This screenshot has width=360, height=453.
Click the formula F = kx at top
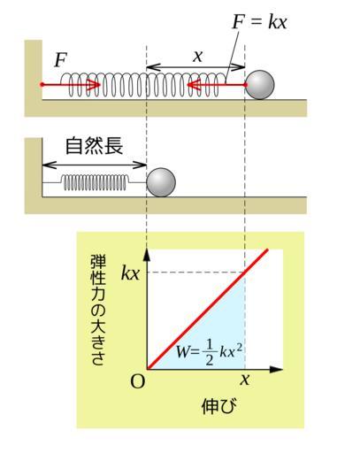pyautogui.click(x=259, y=22)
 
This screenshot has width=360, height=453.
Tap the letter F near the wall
pyautogui.click(x=61, y=60)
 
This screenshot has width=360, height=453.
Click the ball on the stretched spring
pyautogui.click(x=260, y=85)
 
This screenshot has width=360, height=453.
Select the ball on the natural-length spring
pyautogui.click(x=161, y=182)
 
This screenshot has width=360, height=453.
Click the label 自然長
pyautogui.click(x=94, y=146)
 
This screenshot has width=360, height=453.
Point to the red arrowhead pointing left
pyautogui.click(x=194, y=85)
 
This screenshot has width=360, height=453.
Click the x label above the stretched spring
pyautogui.click(x=198, y=56)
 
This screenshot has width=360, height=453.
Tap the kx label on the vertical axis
pyautogui.click(x=130, y=273)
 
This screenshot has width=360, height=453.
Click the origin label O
pyautogui.click(x=138, y=381)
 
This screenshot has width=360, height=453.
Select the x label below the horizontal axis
pyautogui.click(x=245, y=379)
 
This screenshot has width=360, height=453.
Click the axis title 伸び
pyautogui.click(x=219, y=406)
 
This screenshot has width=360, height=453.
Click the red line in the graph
pyautogui.click(x=208, y=310)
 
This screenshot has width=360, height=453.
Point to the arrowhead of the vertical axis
pyautogui.click(x=147, y=255)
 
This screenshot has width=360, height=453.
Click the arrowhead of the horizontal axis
pyautogui.click(x=276, y=369)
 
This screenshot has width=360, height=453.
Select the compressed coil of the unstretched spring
pyautogui.click(x=95, y=182)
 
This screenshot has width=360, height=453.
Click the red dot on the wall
pyautogui.click(x=42, y=85)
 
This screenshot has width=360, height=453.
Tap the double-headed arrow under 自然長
pyautogui.click(x=95, y=165)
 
